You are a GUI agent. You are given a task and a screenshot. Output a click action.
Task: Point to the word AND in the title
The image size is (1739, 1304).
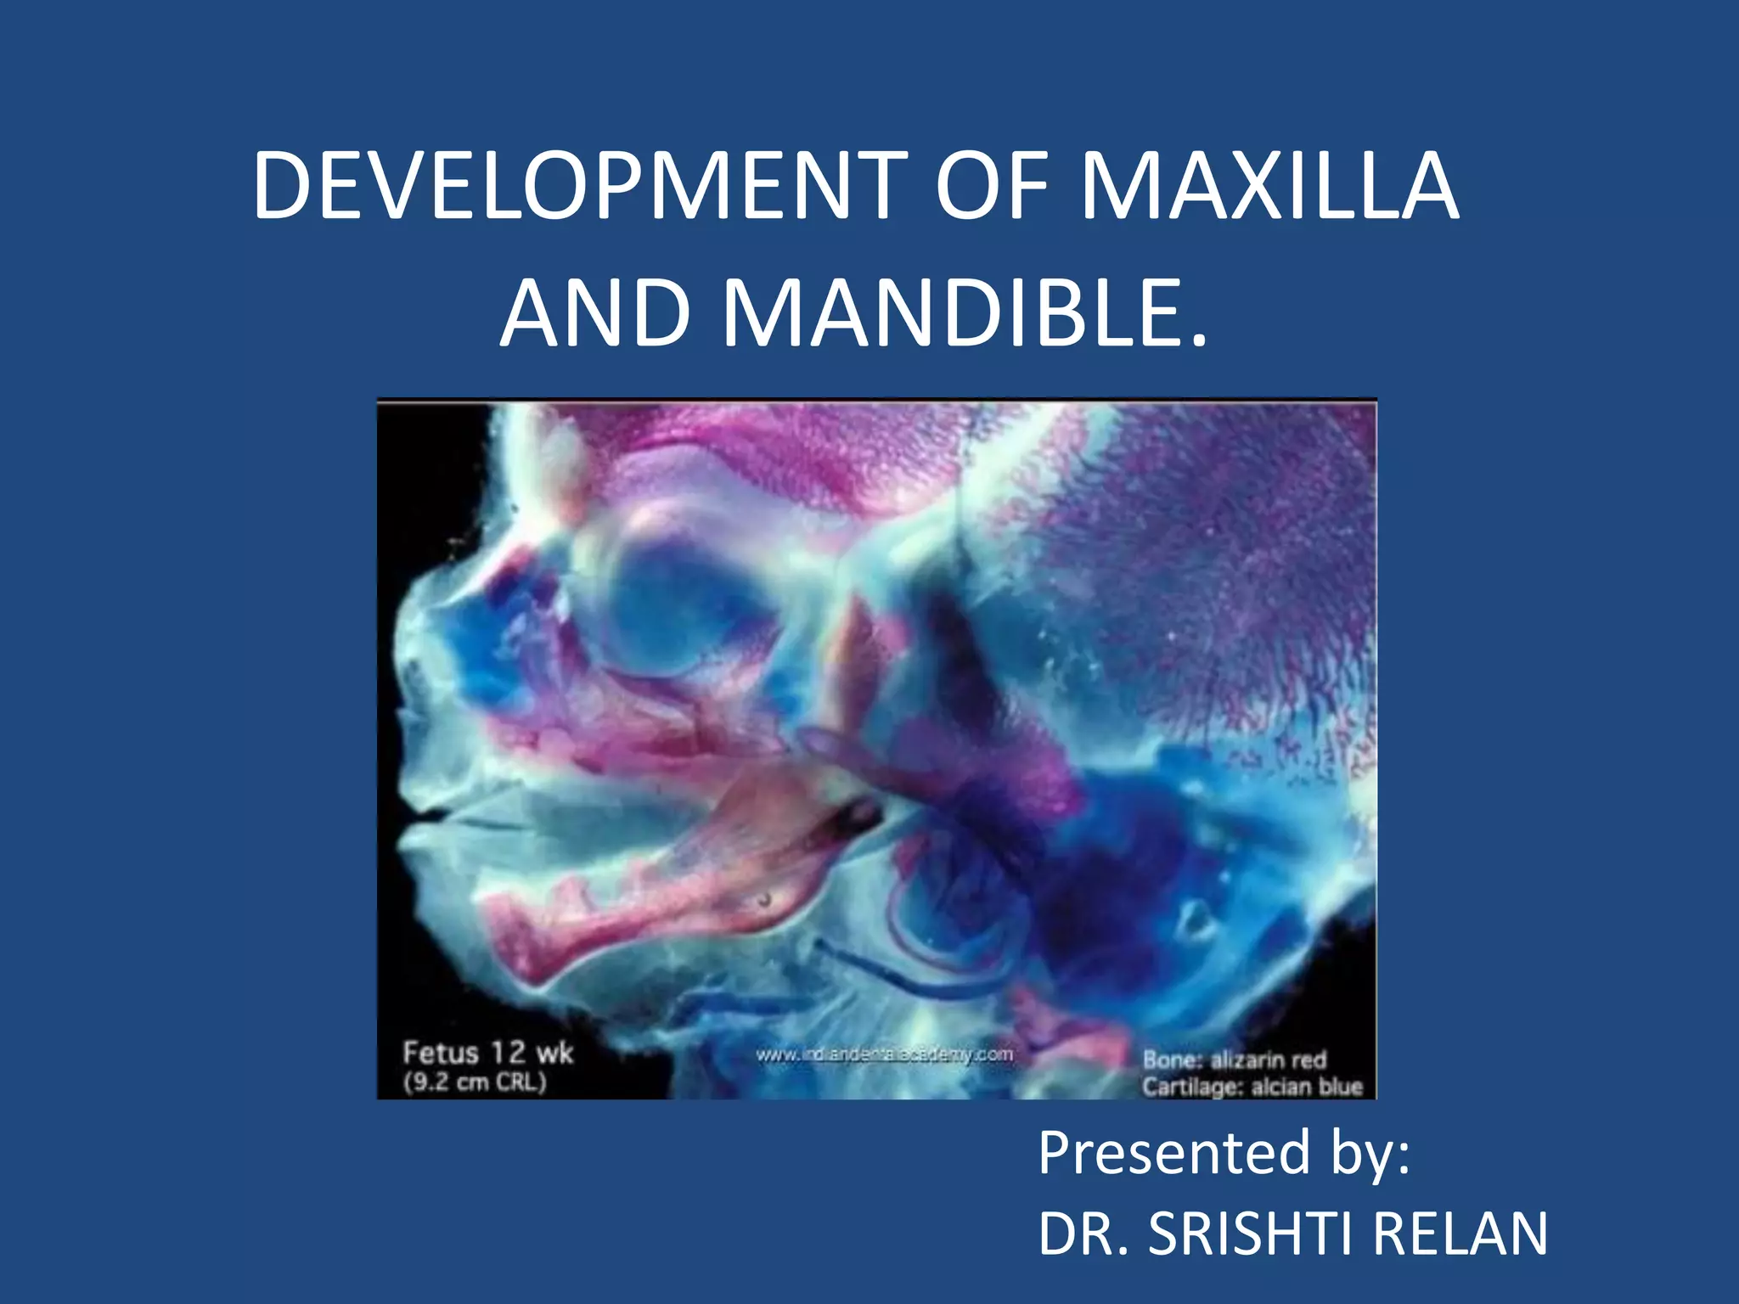(595, 313)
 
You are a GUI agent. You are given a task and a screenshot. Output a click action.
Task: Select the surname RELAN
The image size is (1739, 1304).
(1460, 1234)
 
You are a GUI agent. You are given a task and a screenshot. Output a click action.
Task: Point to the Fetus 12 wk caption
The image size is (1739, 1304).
(488, 1054)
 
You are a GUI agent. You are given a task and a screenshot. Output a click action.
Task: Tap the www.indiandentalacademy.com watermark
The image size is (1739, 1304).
(884, 1054)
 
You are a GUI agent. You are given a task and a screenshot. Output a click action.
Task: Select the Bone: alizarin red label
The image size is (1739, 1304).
(1234, 1059)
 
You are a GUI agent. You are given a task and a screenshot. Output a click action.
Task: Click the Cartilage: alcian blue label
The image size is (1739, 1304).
(1252, 1087)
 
